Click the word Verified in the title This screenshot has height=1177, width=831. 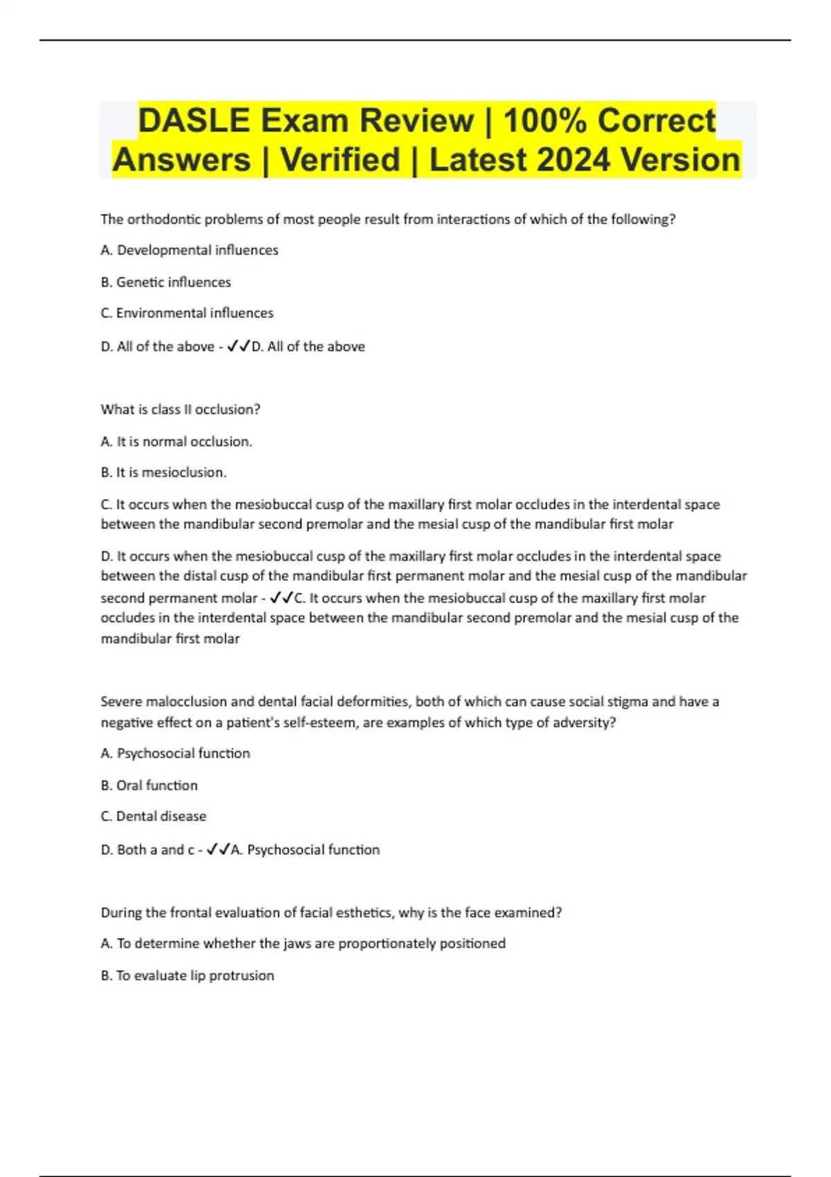pyautogui.click(x=340, y=160)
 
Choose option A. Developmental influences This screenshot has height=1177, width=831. pyautogui.click(x=189, y=250)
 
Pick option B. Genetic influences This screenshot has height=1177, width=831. pyautogui.click(x=166, y=282)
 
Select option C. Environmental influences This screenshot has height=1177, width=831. pyautogui.click(x=187, y=313)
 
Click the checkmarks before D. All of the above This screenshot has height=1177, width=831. pyautogui.click(x=238, y=346)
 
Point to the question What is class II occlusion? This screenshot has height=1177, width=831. pyautogui.click(x=180, y=409)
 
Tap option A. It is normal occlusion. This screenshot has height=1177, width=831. pyautogui.click(x=176, y=441)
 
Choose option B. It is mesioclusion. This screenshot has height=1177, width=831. pyautogui.click(x=163, y=472)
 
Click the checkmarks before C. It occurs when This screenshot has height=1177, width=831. pyautogui.click(x=281, y=598)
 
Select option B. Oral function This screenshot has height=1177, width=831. pyautogui.click(x=149, y=785)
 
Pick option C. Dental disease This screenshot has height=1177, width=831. pyautogui.click(x=153, y=816)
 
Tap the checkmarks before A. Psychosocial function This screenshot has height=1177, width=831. pyautogui.click(x=218, y=850)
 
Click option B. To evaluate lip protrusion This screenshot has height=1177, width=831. pyautogui.click(x=187, y=975)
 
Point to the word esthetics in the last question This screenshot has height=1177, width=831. pyautogui.click(x=359, y=913)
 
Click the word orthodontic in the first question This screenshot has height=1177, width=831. pyautogui.click(x=160, y=219)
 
